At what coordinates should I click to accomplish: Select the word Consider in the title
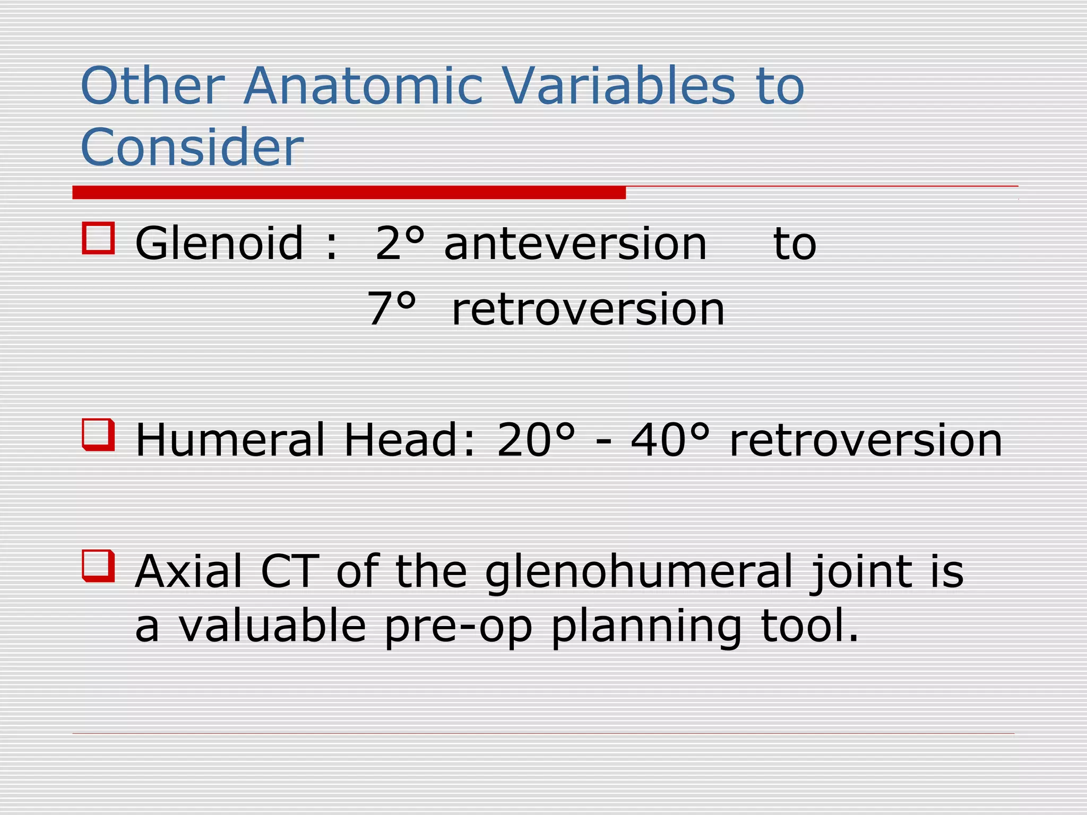pyautogui.click(x=192, y=147)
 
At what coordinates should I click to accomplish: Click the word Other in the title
pyautogui.click(x=153, y=86)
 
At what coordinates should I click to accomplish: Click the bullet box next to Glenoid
pyautogui.click(x=98, y=238)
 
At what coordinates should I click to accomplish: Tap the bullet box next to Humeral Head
pyautogui.click(x=98, y=435)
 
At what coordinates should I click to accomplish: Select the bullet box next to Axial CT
pyautogui.click(x=98, y=566)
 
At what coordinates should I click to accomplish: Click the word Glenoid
pyautogui.click(x=219, y=244)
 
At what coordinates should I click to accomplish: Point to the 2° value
pyautogui.click(x=399, y=244)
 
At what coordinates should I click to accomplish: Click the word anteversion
pyautogui.click(x=575, y=244)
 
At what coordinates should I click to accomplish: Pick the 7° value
pyautogui.click(x=391, y=309)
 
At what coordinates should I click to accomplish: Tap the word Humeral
pyautogui.click(x=229, y=440)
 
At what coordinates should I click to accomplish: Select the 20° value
pyautogui.click(x=536, y=440)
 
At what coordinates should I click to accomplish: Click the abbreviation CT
pyautogui.click(x=290, y=571)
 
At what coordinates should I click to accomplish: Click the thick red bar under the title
pyautogui.click(x=349, y=193)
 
